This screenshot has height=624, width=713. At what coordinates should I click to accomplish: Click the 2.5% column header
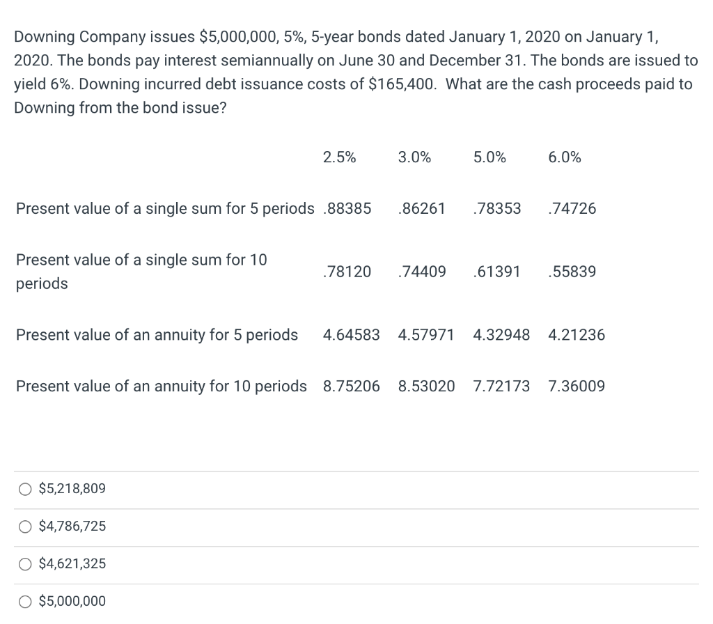pos(339,157)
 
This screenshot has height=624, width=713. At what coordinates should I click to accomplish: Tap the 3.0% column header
pos(414,157)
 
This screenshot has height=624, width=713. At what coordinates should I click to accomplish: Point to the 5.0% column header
pos(489,157)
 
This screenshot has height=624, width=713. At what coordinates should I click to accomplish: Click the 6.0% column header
pos(565,157)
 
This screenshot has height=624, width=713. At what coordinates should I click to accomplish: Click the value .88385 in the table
pos(347,208)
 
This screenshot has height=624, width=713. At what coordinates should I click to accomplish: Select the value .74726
pos(572,208)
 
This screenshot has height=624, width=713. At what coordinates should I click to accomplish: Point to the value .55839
pos(572,272)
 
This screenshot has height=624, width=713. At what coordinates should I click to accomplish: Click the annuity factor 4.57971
pos(426,335)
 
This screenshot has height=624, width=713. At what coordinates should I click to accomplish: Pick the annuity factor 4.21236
pos(577,335)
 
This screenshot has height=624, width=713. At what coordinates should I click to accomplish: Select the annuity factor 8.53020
pos(426,386)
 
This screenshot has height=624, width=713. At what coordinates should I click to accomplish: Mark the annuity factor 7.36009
pos(577,386)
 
